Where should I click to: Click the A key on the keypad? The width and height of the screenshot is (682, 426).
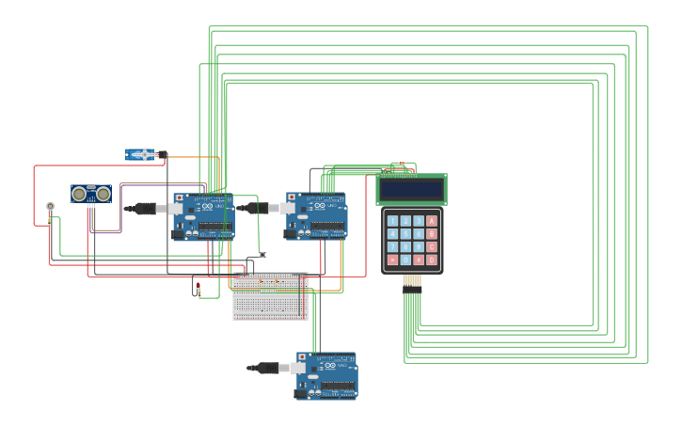coord(432,221)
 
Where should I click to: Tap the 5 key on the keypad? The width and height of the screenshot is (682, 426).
coord(405,234)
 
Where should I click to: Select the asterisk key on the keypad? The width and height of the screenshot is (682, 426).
coord(392,260)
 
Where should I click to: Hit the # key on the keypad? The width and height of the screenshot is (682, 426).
coord(419,260)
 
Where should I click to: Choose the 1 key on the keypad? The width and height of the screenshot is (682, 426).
coord(392,221)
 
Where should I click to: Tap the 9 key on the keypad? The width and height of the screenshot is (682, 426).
coord(419,246)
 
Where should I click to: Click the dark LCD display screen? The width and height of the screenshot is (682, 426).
coord(411,189)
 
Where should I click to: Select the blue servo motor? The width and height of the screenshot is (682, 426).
coord(142,154)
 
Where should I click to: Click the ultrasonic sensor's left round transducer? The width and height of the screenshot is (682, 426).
coord(80,194)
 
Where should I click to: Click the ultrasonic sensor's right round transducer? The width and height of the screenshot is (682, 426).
coord(103,194)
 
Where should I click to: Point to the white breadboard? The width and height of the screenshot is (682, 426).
coord(270,296)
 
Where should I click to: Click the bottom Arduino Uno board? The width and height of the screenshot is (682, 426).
coord(326,375)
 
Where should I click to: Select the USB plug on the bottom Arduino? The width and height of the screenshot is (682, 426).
coord(268,368)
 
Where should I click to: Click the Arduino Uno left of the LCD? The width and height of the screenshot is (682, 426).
coord(317,215)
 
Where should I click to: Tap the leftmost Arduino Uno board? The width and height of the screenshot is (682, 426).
coord(203,216)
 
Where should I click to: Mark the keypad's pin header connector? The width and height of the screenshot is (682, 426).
coord(412,281)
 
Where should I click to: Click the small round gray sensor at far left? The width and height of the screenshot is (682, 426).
coord(50,206)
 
